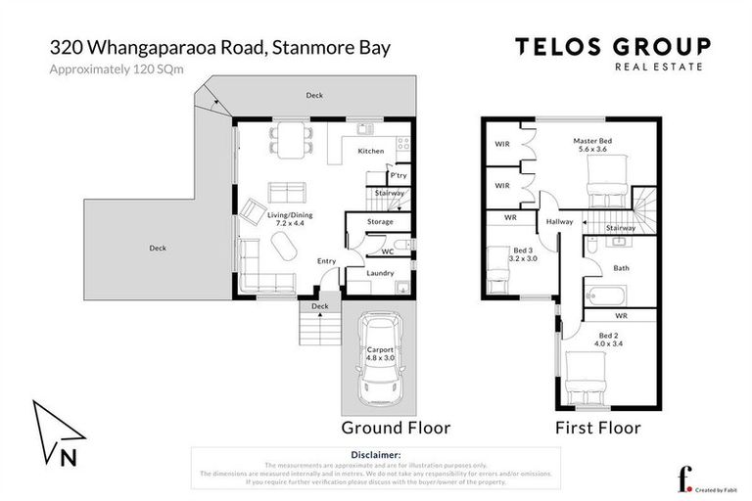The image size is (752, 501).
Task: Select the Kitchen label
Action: tap(371, 151)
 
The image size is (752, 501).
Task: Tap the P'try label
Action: tap(399, 175)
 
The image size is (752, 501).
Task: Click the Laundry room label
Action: tap(380, 273)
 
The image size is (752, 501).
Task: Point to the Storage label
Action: tap(380, 222)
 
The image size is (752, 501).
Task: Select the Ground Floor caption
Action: tap(395, 428)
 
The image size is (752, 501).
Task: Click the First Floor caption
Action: tap(597, 428)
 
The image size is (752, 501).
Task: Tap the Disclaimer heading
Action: tap(375, 455)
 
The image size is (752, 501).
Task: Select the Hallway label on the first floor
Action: tap(560, 222)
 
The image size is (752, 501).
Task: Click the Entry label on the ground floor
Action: tap(326, 260)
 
